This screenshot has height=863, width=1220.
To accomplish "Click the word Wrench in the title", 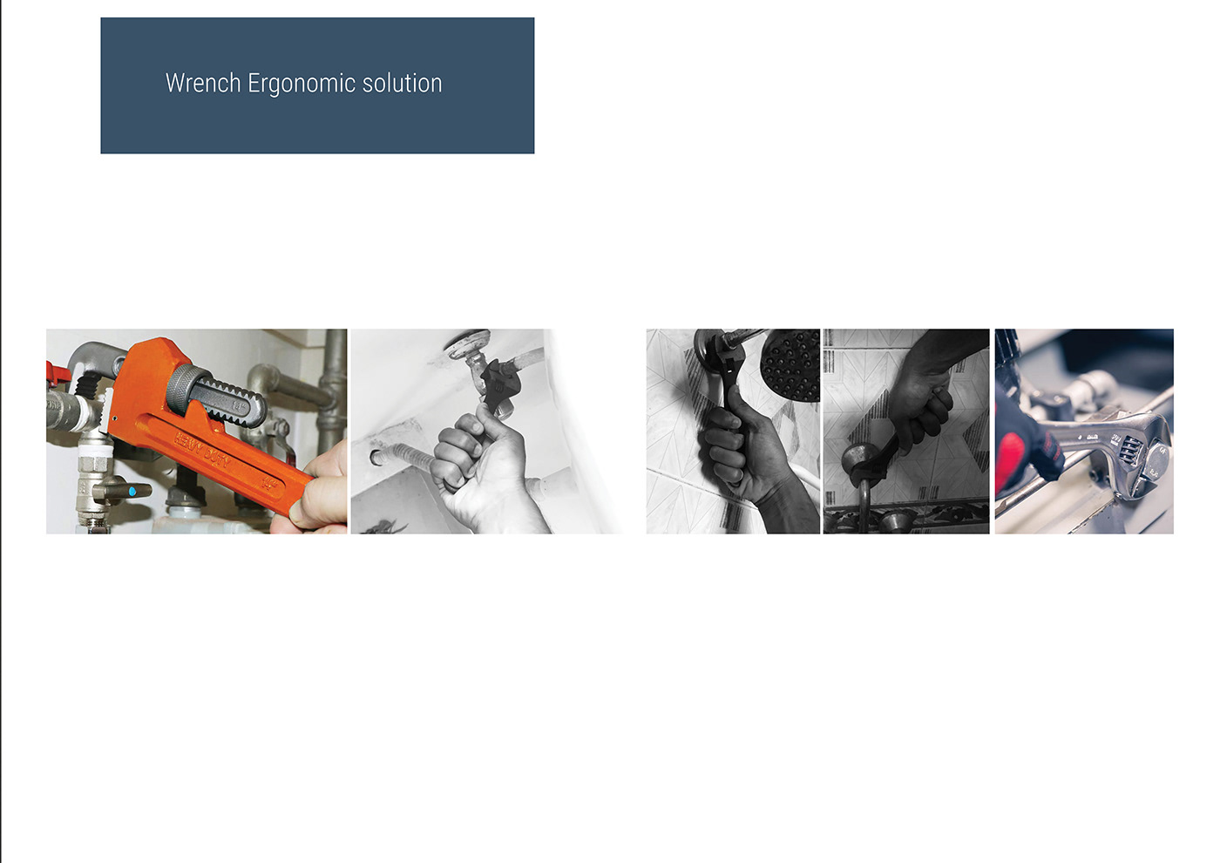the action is click(203, 84).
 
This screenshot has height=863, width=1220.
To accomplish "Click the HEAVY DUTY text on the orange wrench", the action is click(202, 450).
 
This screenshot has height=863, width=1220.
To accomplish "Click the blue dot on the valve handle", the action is click(132, 492).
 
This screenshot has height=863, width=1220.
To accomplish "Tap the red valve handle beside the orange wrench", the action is click(58, 374).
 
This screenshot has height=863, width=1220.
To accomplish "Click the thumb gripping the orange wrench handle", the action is click(319, 503).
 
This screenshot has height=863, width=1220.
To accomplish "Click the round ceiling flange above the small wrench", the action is click(468, 342).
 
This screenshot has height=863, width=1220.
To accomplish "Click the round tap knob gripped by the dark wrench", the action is click(861, 460).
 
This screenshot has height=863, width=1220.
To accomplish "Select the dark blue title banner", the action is click(317, 85).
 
